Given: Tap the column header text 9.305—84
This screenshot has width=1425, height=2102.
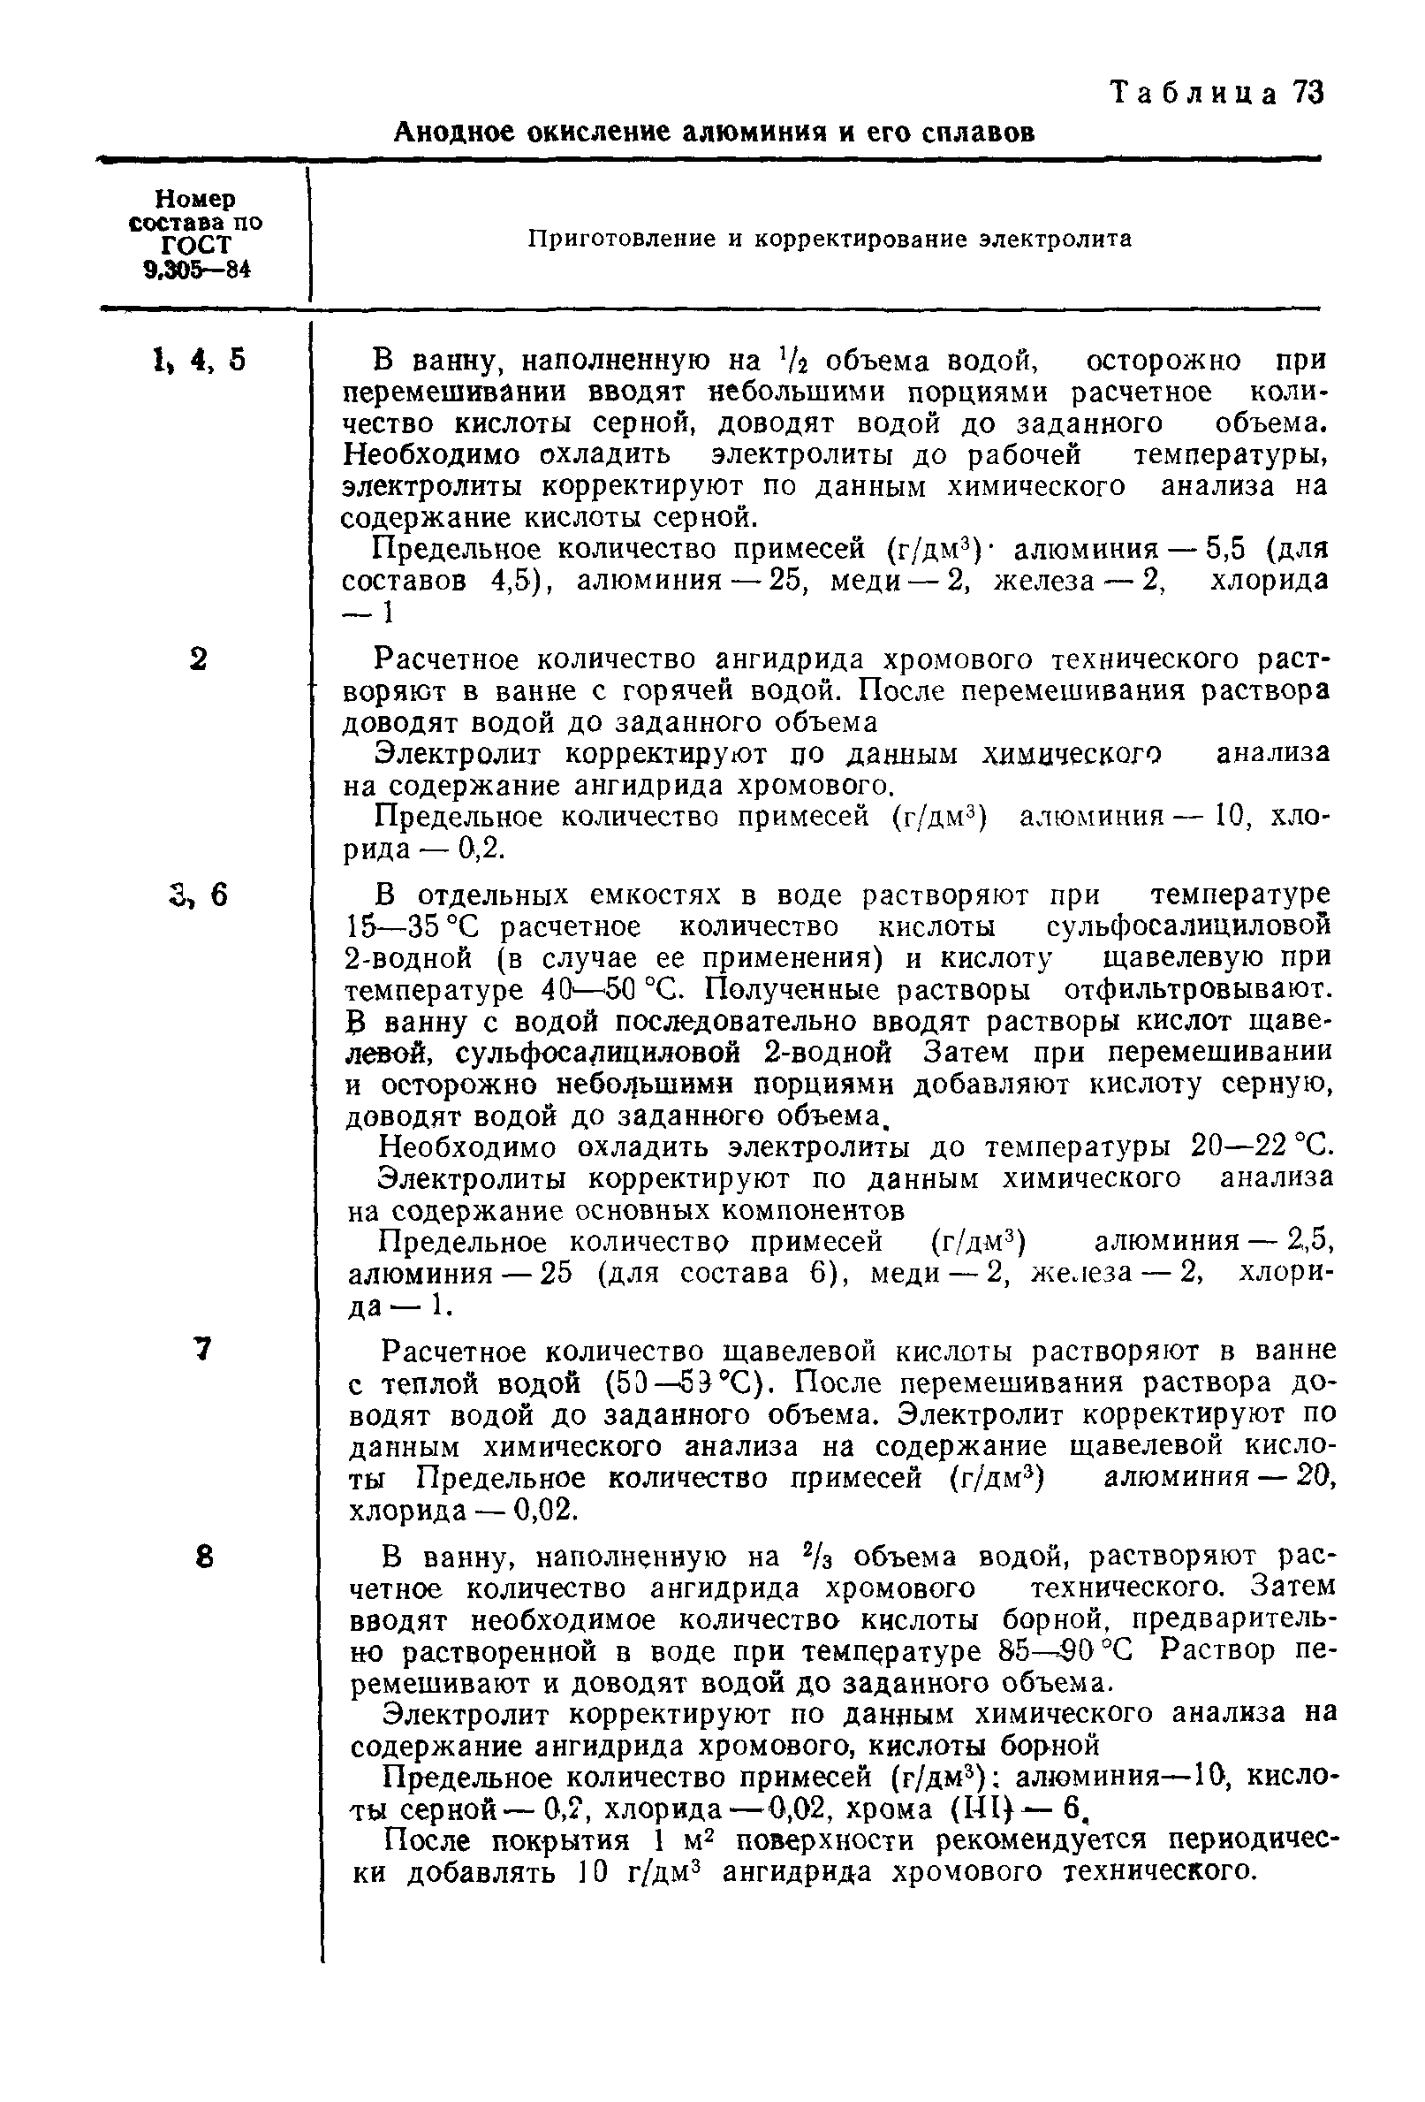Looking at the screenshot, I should [x=195, y=270].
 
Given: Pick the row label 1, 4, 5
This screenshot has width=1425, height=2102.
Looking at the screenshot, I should [x=199, y=360].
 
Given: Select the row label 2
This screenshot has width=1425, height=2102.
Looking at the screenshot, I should [x=199, y=659].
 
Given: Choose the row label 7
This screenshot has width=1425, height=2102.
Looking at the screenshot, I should [x=202, y=1349].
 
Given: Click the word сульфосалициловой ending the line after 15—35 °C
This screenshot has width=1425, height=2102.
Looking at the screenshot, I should [x=1188, y=927].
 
